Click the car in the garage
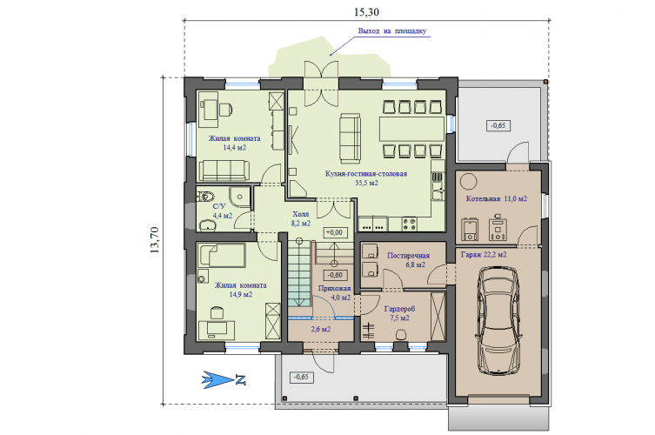498,320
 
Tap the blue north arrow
224,380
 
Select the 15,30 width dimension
366,12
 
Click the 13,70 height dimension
154,240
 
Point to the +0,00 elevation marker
335,233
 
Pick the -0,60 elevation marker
335,275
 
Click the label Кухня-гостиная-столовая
366,174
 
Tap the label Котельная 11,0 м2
497,199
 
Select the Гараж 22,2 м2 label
484,254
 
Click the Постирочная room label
408,255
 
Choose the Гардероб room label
400,309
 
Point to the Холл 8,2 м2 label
301,218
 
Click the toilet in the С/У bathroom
206,196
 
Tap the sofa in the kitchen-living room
350,138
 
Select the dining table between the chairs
411,129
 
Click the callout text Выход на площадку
391,31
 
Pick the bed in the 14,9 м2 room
222,255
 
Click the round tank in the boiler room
468,182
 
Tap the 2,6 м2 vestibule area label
321,329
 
